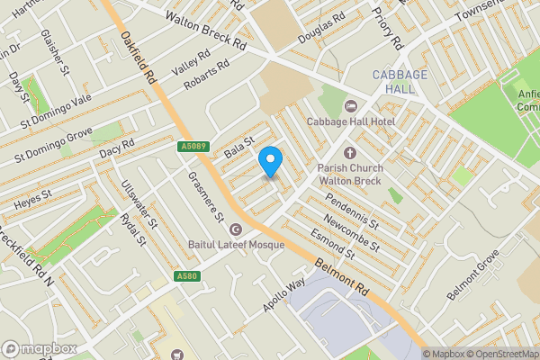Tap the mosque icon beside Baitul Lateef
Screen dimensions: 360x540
pyautogui.click(x=236, y=229)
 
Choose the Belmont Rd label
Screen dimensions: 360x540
pyautogui.click(x=342, y=276)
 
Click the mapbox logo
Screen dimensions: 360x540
pyautogui.click(x=39, y=348)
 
